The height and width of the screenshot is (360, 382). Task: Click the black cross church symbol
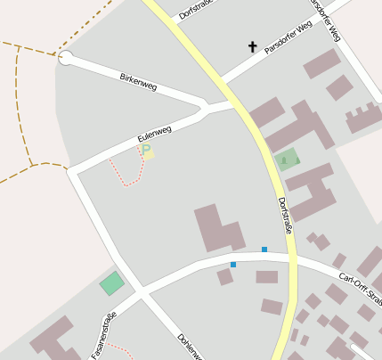coord(252,46)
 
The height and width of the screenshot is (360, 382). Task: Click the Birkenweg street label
coord(138,83)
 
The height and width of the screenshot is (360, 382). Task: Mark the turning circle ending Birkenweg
coord(65,58)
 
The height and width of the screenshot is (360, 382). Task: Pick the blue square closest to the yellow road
coord(264,249)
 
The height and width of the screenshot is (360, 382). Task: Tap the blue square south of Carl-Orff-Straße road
coord(233,265)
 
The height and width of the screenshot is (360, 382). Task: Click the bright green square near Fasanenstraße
coord(112,283)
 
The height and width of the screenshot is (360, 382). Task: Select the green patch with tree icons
coord(288,160)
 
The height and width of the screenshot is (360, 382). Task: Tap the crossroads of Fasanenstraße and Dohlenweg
coord(140,293)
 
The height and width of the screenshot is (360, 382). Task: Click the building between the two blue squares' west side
coord(218,227)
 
